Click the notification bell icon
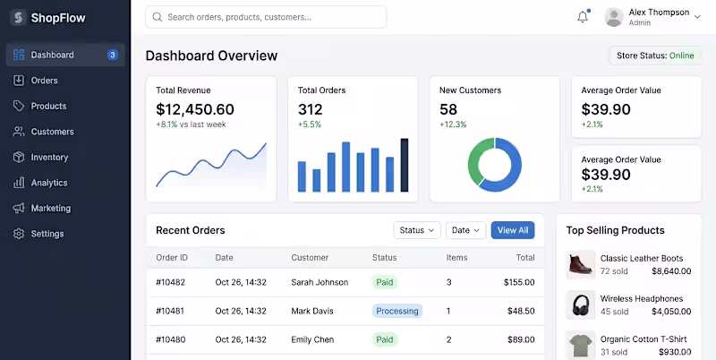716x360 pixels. tap(583, 17)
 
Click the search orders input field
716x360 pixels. tap(266, 17)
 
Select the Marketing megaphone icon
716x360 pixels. tap(19, 209)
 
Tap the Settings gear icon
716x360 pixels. tap(19, 234)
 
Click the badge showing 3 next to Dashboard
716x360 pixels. tap(113, 55)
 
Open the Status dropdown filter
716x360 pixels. tap(417, 230)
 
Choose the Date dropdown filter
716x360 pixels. tap(465, 230)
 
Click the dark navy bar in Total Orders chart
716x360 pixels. tap(405, 165)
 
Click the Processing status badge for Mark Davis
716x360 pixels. tap(397, 311)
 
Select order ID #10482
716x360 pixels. tap(171, 282)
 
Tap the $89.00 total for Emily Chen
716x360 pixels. tap(521, 340)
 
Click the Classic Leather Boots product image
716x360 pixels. tap(581, 265)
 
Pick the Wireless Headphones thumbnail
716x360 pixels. tap(581, 305)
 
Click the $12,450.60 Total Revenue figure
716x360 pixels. tap(195, 109)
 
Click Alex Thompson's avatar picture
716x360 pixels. tap(614, 17)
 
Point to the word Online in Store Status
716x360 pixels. tap(682, 56)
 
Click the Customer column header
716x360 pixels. tap(310, 258)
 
